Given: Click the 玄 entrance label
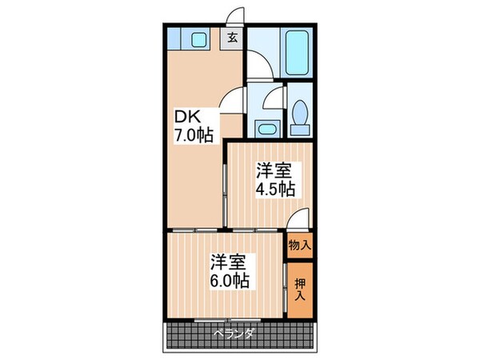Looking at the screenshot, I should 232,38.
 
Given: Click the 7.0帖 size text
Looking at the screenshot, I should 194,135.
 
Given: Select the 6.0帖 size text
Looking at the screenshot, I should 230,281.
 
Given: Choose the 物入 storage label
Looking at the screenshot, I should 299,246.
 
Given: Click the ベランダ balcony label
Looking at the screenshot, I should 234,334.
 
